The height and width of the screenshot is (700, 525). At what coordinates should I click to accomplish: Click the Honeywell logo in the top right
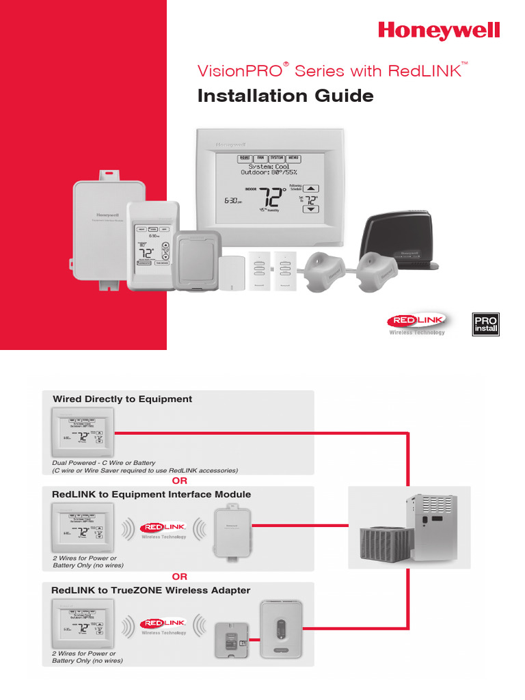pos(440,31)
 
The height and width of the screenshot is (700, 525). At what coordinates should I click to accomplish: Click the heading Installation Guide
pos(285,96)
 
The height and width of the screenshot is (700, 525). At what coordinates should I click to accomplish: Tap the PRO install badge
pos(486,324)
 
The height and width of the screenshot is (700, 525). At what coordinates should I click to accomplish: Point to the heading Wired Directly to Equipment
pos(122,399)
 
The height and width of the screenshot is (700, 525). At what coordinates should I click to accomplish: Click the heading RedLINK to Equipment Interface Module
pos(151,494)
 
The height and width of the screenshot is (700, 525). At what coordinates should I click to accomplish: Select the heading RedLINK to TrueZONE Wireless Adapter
pos(151,590)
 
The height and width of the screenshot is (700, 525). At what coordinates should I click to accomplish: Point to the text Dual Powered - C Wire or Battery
pos(104,463)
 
